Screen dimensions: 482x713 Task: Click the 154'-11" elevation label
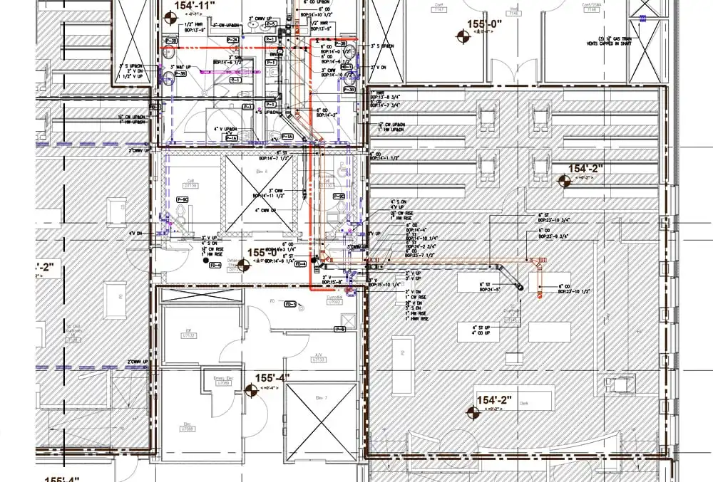coord(194,6)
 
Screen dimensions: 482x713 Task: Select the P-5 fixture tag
coord(271,23)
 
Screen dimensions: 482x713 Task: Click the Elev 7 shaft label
coord(319,397)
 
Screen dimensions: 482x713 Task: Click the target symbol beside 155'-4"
coord(250,389)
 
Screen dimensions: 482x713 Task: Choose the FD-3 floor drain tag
coord(290,304)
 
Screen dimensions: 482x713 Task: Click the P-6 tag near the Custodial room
coord(340,329)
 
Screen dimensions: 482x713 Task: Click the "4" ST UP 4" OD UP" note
coord(484,330)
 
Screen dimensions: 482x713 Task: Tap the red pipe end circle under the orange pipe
coord(540,290)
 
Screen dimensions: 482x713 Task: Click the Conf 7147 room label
coord(480,9)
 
